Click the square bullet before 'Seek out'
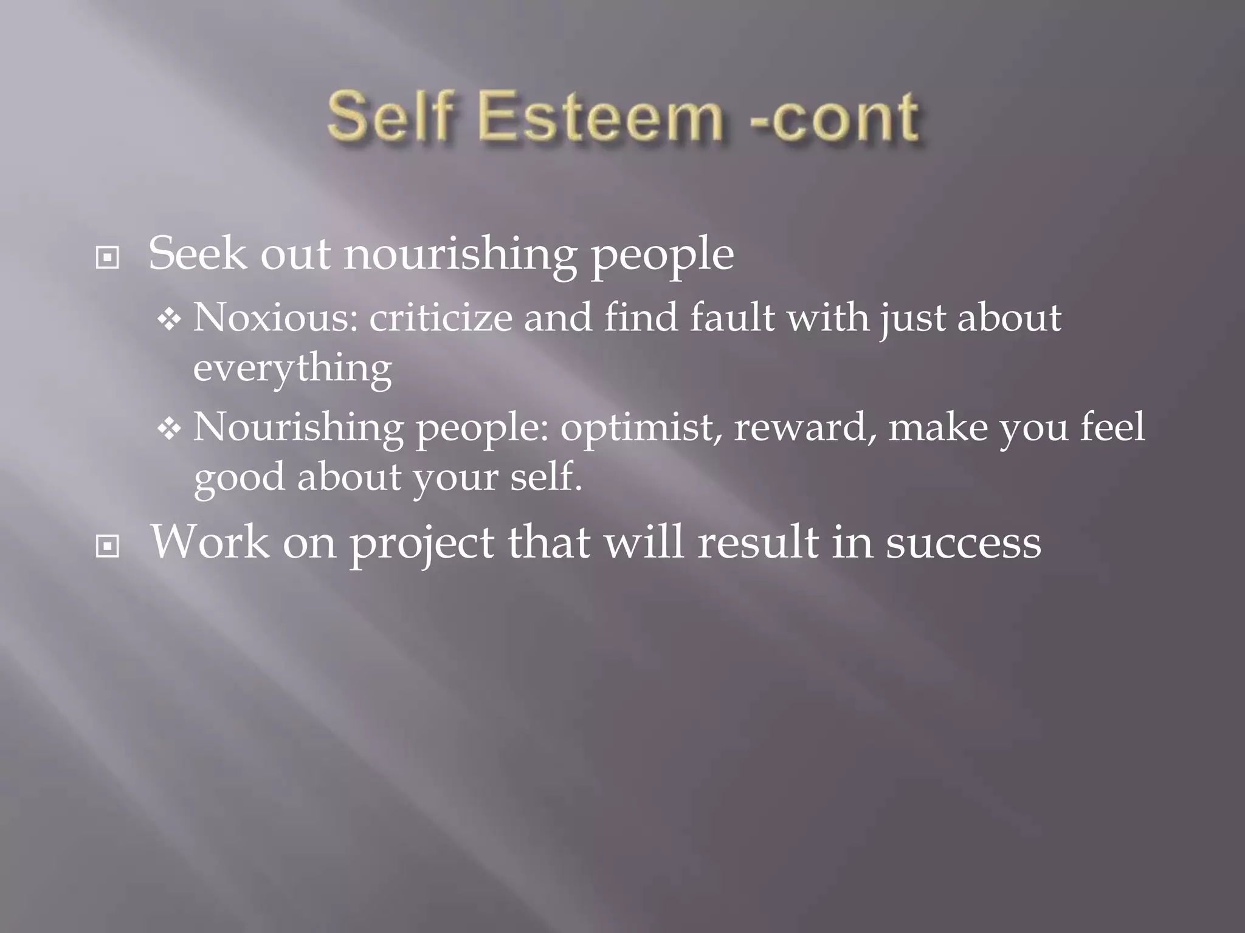pyautogui.click(x=108, y=258)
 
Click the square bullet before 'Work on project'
pyautogui.click(x=108, y=547)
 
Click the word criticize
pyautogui.click(x=441, y=317)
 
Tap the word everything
pyautogui.click(x=292, y=368)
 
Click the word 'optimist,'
pyautogui.click(x=641, y=426)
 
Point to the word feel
pyautogui.click(x=1112, y=426)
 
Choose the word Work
pyautogui.click(x=210, y=542)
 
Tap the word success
pyautogui.click(x=964, y=543)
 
